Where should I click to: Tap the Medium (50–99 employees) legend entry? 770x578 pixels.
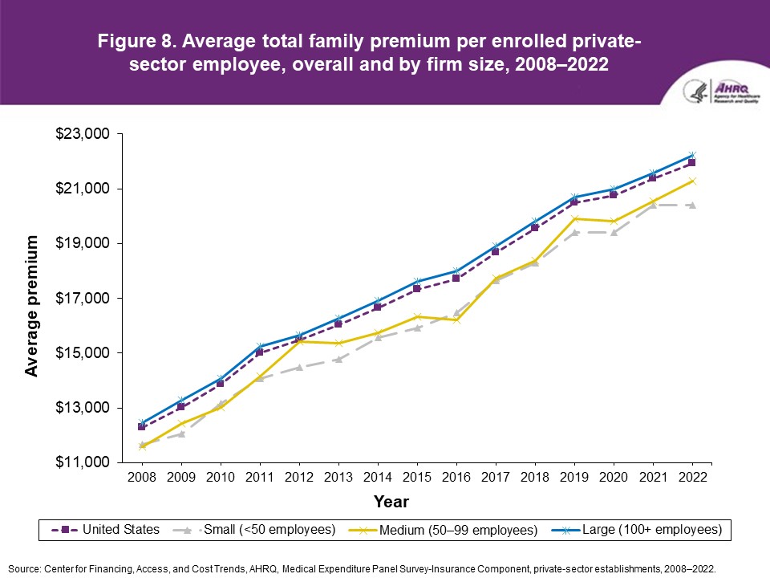[x=442, y=530]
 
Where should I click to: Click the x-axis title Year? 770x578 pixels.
[x=391, y=503]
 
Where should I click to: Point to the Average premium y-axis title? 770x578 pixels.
[x=31, y=306]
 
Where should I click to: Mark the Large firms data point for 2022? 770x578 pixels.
[x=691, y=155]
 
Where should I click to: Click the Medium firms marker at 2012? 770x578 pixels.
[x=298, y=341]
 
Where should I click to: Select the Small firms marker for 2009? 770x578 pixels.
[x=181, y=433]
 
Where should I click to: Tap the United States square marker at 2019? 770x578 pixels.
[x=574, y=202]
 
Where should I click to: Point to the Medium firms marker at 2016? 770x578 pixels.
[x=456, y=320]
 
